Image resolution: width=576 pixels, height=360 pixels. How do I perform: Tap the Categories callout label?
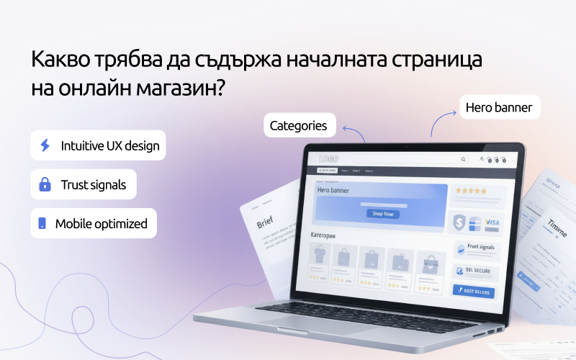click(298, 126)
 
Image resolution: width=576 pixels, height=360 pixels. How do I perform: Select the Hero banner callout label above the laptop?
click(498, 108)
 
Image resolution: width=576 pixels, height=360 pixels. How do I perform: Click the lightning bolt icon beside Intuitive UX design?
click(45, 145)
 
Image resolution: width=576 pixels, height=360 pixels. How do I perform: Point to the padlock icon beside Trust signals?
click(45, 185)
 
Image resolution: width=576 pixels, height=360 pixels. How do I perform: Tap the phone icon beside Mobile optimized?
click(42, 224)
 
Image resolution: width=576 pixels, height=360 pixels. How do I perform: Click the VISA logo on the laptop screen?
click(492, 223)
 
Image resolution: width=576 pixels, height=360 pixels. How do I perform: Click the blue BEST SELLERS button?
click(473, 291)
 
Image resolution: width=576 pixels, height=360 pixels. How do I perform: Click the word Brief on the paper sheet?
click(265, 223)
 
